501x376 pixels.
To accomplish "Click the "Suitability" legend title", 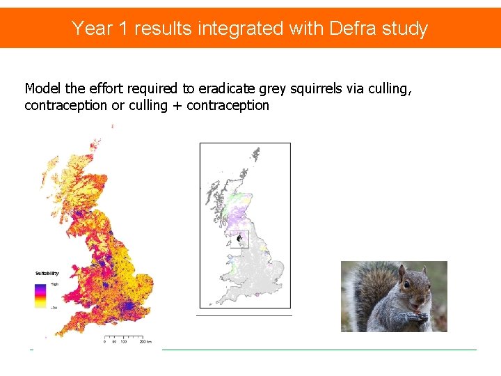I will [x=47, y=274].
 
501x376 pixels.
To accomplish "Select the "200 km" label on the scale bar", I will [x=145, y=343].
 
